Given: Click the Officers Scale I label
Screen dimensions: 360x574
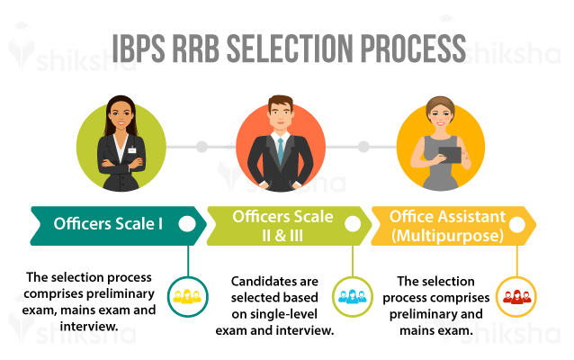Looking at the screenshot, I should pyautogui.click(x=108, y=224).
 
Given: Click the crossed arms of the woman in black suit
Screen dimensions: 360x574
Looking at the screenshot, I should pyautogui.click(x=121, y=167).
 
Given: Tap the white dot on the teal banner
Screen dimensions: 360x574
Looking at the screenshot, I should pyautogui.click(x=188, y=225).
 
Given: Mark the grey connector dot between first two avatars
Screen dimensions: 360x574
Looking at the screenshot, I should pyautogui.click(x=202, y=145).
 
